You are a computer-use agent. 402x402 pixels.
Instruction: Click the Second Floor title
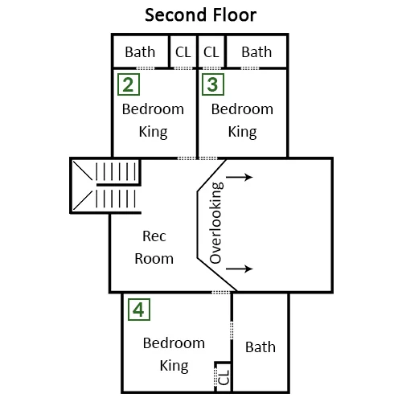pos(200,15)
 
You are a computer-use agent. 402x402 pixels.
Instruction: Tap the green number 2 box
pos(129,84)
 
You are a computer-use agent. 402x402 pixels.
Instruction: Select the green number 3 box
pos(213,84)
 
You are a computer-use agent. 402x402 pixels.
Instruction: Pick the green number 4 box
pos(139,310)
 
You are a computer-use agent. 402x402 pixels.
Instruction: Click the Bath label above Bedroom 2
pos(140,52)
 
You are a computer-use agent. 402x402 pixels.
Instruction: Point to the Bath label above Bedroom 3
pos(256,52)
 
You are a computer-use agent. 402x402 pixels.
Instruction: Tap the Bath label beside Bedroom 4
pos(260,347)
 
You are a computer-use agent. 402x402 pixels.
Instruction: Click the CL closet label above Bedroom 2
pos(183,52)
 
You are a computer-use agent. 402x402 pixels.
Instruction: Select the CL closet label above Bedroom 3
pos(211,52)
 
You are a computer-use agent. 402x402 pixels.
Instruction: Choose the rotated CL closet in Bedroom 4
pos(224,377)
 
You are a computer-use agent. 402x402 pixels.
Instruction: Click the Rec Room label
pos(154,248)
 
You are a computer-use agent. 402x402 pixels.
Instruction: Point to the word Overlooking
pos(215,223)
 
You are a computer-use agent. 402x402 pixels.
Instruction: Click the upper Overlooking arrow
pos(240,177)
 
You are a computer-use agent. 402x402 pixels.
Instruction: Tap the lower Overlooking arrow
pos(240,269)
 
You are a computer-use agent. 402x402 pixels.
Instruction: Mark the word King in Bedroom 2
pos(154,132)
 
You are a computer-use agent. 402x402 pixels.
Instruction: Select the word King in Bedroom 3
pos(243,132)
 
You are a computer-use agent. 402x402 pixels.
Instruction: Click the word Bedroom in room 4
pos(174,343)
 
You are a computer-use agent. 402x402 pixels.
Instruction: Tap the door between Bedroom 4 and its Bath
pos(232,330)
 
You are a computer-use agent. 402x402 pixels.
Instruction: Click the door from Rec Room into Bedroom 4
pos(221,292)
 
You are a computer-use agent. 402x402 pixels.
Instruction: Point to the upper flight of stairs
pos(116,171)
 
